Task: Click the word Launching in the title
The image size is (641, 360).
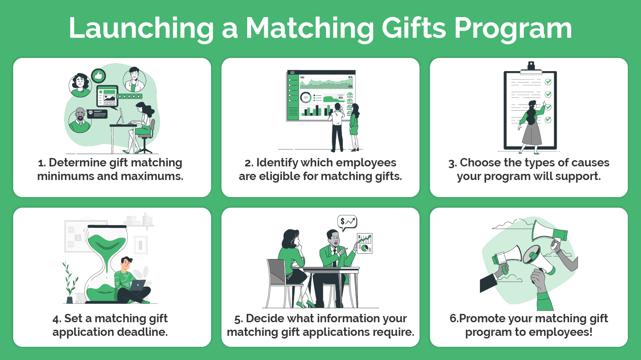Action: (x=141, y=28)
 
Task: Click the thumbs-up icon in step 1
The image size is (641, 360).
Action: (x=98, y=76)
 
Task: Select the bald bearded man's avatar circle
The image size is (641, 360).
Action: (x=80, y=120)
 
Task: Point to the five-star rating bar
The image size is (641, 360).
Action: (x=130, y=96)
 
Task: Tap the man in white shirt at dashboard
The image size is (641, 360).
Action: (x=337, y=127)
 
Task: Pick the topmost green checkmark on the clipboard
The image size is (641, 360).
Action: (x=548, y=82)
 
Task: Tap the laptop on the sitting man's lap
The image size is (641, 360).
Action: (x=137, y=285)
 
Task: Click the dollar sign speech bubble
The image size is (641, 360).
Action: (x=347, y=222)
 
